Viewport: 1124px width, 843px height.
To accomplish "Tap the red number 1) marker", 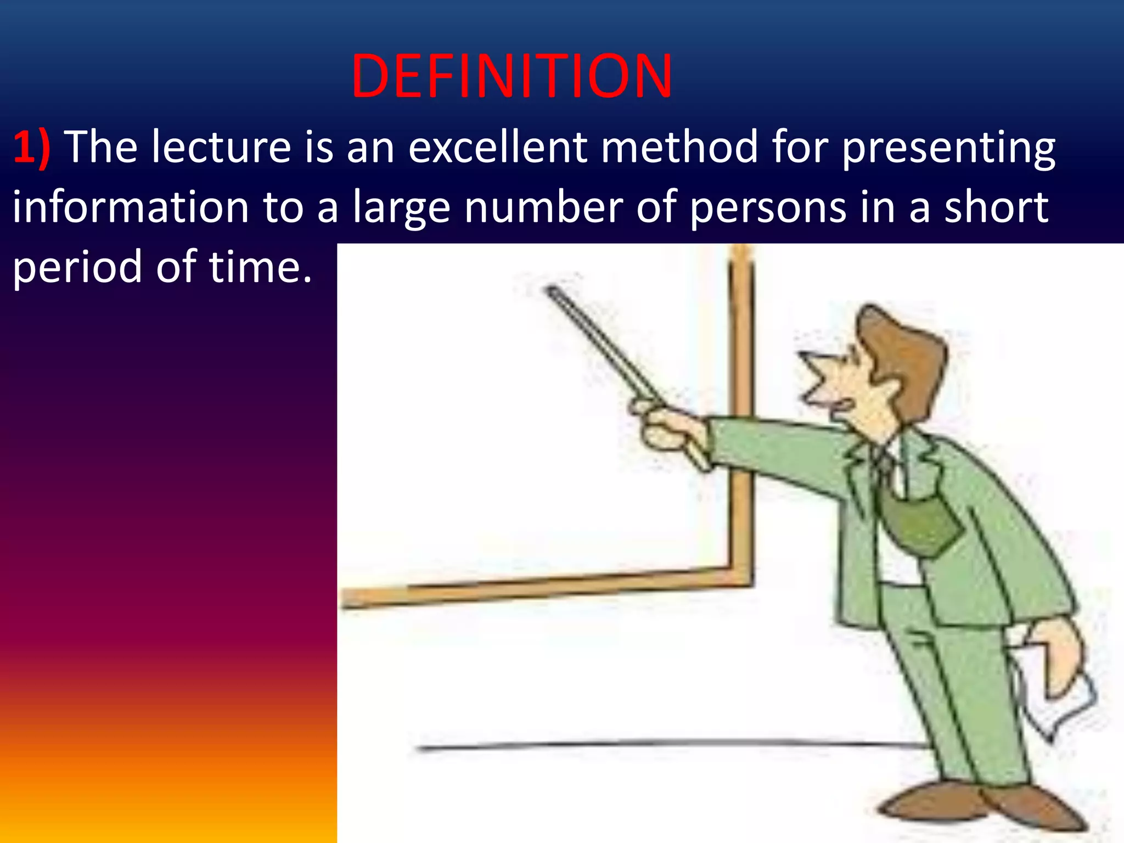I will tap(32, 147).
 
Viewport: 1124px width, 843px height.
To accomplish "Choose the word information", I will tap(131, 207).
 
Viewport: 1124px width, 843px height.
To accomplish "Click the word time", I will tap(260, 267).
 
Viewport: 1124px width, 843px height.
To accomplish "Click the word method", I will tap(679, 147).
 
